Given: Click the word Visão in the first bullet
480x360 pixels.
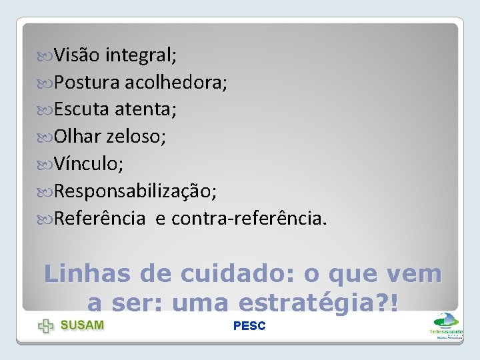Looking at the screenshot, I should [x=77, y=54].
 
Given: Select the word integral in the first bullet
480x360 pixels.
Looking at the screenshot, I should [x=141, y=55].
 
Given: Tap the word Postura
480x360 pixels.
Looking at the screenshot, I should [x=87, y=82].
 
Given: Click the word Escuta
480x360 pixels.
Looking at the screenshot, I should [x=83, y=109].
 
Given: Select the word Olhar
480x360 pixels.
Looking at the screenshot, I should [x=77, y=136].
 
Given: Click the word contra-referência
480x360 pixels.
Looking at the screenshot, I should [x=249, y=218].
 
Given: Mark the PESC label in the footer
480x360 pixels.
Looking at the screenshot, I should [x=249, y=326].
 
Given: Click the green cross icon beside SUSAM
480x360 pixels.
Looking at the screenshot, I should [x=46, y=326].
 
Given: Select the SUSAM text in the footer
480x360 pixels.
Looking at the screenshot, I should [x=82, y=325].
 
